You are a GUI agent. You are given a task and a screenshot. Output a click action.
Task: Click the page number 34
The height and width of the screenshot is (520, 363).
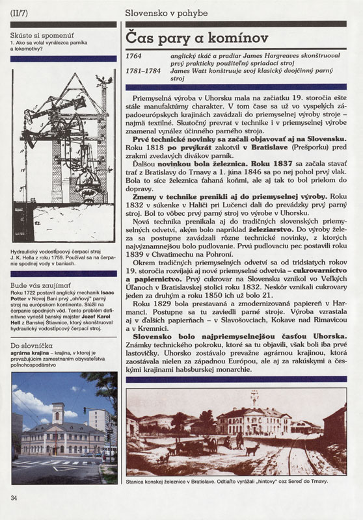tap(14, 498)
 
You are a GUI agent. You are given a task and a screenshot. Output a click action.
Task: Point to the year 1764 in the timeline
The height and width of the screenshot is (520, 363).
tap(137, 57)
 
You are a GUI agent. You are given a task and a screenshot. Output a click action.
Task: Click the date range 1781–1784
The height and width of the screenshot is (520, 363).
tap(145, 71)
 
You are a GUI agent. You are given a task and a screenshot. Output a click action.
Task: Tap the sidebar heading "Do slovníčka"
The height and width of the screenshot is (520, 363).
tap(31, 344)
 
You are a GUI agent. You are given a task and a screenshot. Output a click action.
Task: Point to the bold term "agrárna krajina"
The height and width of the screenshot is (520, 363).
tap(30, 354)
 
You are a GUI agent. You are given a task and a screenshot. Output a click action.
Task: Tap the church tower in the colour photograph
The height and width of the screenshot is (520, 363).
tap(58, 414)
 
